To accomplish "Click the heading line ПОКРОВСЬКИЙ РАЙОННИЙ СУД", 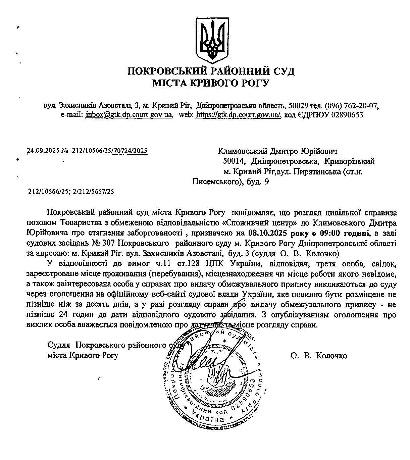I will pos(211,71).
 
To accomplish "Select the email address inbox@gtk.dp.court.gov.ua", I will pos(129,115).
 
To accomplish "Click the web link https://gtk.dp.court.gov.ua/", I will pos(238,115).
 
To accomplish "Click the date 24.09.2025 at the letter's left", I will pos(44,151).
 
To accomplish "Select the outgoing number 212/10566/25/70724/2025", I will pos(109,151).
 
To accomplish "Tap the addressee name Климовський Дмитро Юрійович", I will pos(277,151).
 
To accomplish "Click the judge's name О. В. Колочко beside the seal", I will pos(319,356).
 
